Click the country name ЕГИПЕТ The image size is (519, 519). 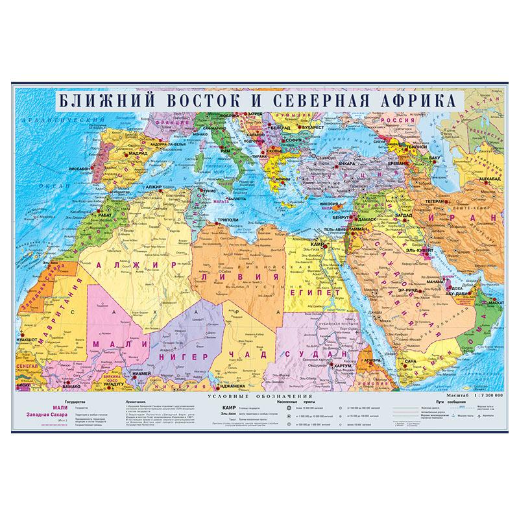click(316, 293)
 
